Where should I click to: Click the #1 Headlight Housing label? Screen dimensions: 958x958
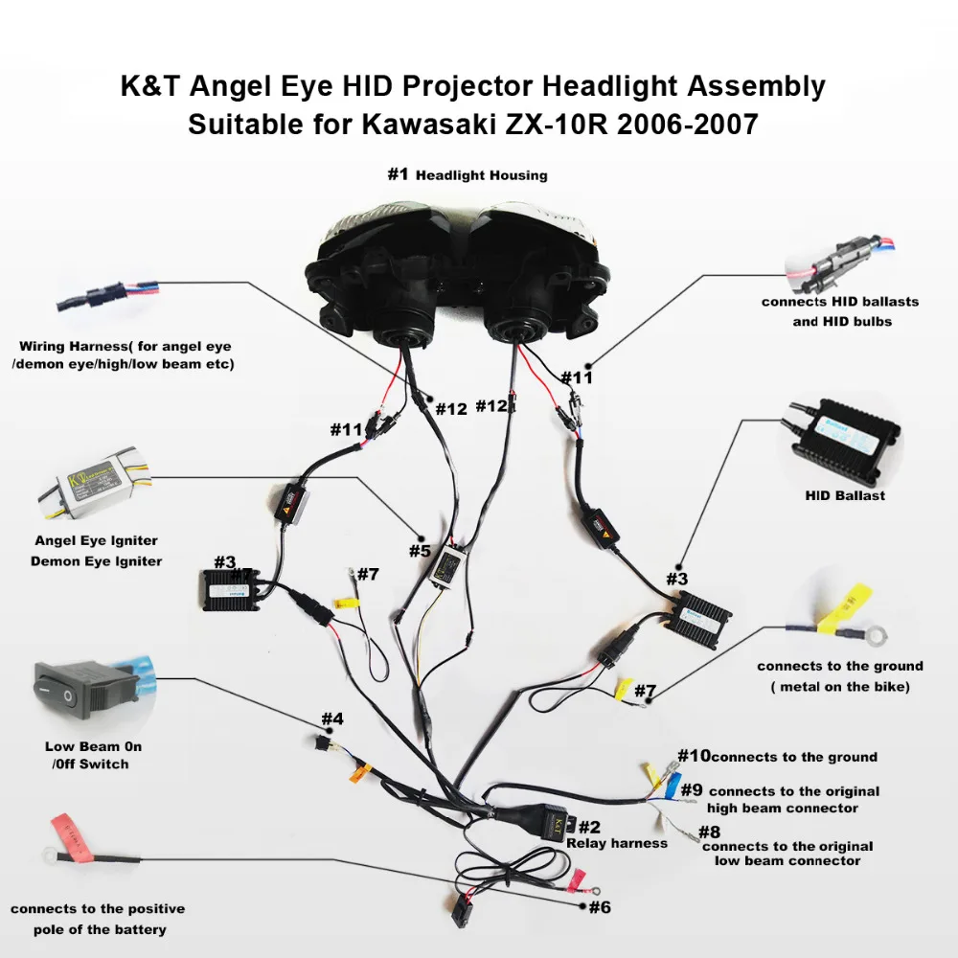point(468,175)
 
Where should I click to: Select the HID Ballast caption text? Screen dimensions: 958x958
point(845,495)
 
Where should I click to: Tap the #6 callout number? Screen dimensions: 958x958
point(600,907)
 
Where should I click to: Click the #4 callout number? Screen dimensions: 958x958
point(332,718)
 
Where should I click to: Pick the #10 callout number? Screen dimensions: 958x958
point(694,757)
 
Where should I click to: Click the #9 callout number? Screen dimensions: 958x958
point(692,790)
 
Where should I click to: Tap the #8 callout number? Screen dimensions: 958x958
point(709,832)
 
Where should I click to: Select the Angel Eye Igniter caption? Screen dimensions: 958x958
point(96,541)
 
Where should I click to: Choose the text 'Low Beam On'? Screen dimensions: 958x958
point(93,746)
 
